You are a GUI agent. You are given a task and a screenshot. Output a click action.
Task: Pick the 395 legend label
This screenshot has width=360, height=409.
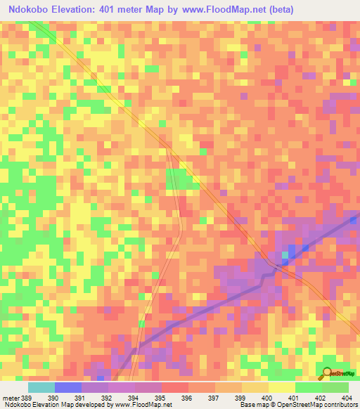161,397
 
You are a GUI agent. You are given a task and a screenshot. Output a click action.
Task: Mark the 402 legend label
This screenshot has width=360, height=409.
321,397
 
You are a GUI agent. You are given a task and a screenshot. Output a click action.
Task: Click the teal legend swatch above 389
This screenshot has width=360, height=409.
41,387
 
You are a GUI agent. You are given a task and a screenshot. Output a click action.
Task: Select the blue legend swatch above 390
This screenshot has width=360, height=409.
68,387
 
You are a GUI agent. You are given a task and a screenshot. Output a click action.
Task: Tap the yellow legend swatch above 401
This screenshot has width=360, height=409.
281,387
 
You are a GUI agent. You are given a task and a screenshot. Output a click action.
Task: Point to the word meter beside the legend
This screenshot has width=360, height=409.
11,397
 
